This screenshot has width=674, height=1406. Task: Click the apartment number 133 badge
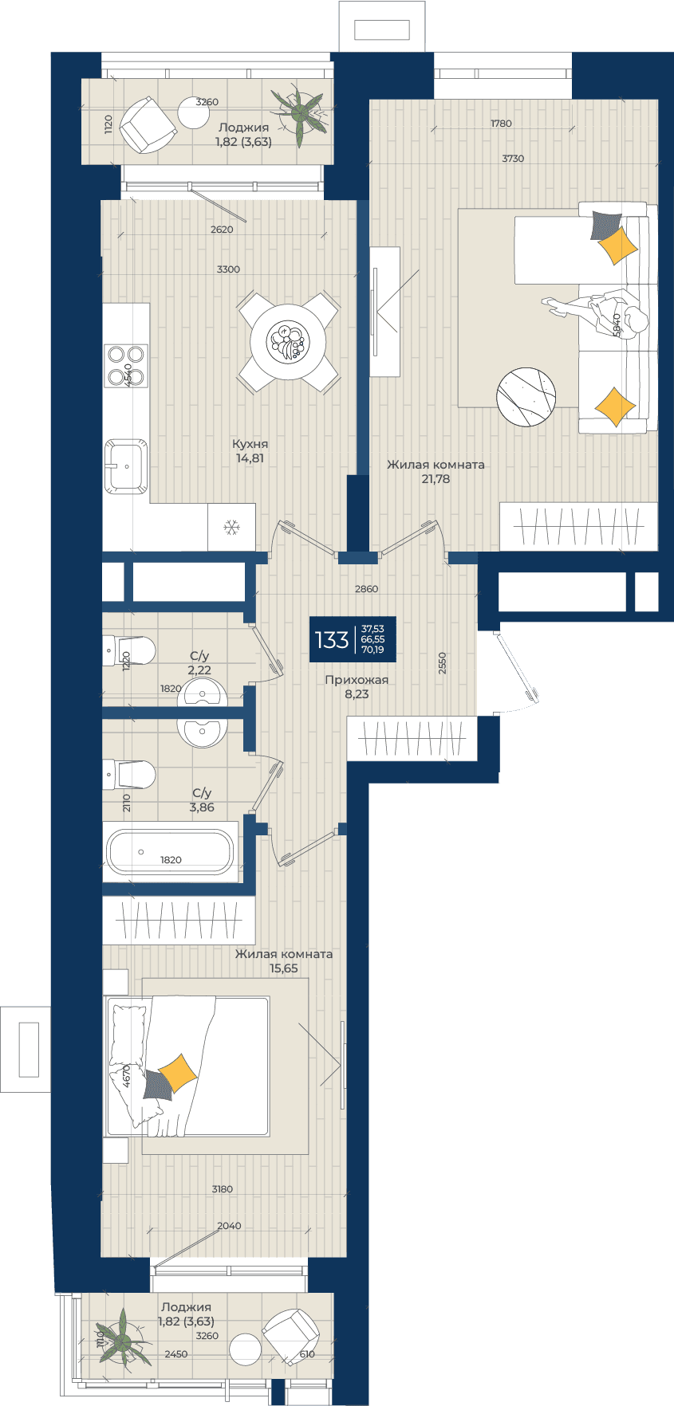pos(353,639)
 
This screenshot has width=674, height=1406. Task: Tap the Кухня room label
pos(250,444)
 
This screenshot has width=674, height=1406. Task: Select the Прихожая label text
pos(357,680)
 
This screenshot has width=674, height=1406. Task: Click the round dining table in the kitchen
pos(288,342)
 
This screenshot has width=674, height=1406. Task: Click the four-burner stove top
pos(126,365)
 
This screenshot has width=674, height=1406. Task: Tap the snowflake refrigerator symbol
pos(232,527)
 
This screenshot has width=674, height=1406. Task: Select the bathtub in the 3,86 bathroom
pos(171,852)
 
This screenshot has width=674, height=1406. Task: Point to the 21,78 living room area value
pos(436,479)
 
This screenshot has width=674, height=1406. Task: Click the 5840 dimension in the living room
pos(616,325)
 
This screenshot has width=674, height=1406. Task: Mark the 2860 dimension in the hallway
pos(366,589)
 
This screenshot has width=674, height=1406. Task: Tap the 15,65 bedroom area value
pos(284,968)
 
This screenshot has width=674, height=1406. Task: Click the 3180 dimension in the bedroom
pos(223,1189)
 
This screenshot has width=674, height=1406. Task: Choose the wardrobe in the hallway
pos(412,739)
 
